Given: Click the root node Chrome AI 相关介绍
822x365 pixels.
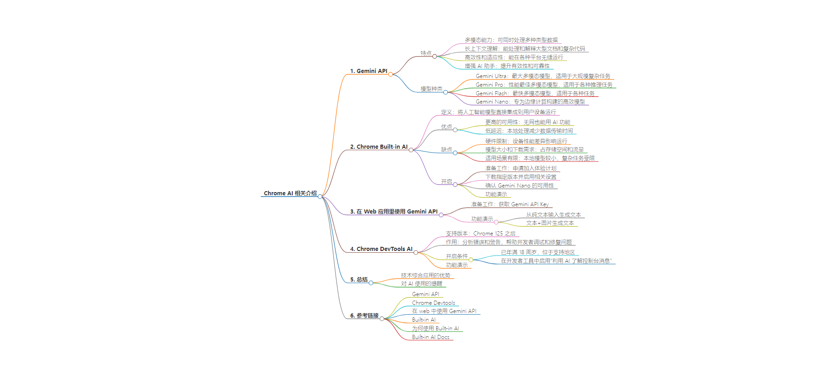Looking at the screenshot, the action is (290, 193).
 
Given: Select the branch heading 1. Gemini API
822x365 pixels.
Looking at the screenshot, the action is (369, 71).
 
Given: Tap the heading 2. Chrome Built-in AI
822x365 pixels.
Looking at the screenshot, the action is (379, 147).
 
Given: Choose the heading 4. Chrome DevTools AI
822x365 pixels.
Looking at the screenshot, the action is (381, 249).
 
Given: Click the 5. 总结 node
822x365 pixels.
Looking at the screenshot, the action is (359, 280).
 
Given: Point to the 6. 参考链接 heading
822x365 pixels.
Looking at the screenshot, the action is (364, 316).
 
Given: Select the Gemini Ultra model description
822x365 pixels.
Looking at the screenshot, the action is (543, 76).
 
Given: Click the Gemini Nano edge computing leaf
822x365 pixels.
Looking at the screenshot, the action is (530, 102).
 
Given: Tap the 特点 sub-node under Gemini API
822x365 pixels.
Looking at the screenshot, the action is (426, 53).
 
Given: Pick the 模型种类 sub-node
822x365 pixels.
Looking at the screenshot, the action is (432, 89).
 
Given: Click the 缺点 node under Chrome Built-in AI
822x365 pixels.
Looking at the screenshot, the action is (447, 150).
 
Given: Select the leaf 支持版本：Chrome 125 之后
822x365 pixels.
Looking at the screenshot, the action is (480, 234).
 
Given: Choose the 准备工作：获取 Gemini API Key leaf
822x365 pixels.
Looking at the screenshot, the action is (510, 204).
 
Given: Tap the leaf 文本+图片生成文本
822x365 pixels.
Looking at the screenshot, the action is (550, 223).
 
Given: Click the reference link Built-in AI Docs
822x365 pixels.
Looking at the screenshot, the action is (431, 337).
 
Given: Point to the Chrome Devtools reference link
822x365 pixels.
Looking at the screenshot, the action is (433, 303).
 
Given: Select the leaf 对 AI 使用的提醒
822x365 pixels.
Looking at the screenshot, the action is (422, 284).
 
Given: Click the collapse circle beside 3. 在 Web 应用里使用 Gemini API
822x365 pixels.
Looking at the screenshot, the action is (441, 215).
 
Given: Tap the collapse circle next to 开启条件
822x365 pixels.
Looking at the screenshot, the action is (471, 260).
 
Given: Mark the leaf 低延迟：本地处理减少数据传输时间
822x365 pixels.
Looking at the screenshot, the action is (529, 131).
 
